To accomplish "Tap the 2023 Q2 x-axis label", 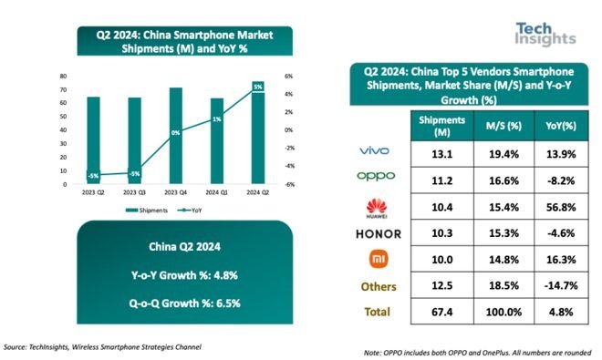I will click(92, 194).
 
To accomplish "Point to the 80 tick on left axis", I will click(63, 76).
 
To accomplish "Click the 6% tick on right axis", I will click(286, 76).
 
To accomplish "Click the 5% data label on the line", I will click(258, 87).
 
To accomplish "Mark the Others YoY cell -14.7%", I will click(556, 286).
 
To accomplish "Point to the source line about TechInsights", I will click(102, 347).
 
